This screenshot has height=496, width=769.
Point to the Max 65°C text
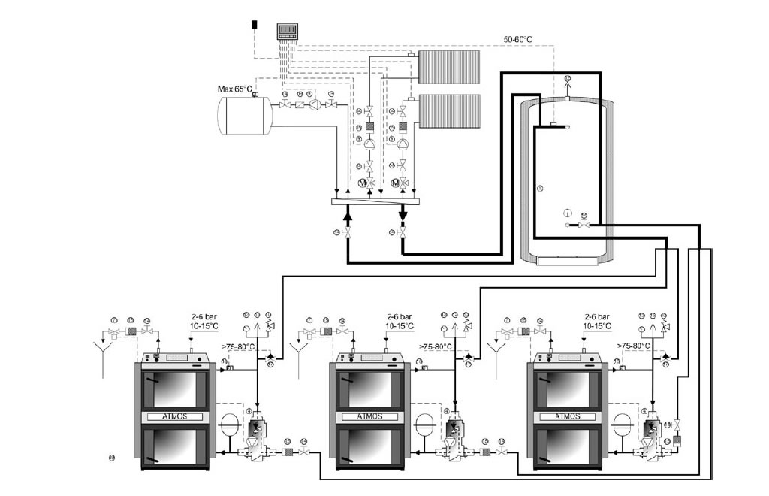(235, 89)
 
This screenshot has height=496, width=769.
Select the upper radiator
(449, 67)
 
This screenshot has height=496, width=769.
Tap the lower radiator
(449, 110)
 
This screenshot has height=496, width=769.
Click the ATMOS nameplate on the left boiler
(176, 416)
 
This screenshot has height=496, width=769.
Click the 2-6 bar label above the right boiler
(597, 317)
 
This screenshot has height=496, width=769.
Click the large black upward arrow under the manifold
(348, 215)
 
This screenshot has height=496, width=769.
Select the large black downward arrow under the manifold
(403, 215)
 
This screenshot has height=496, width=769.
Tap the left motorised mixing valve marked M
(362, 183)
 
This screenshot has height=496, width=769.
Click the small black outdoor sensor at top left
(256, 24)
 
